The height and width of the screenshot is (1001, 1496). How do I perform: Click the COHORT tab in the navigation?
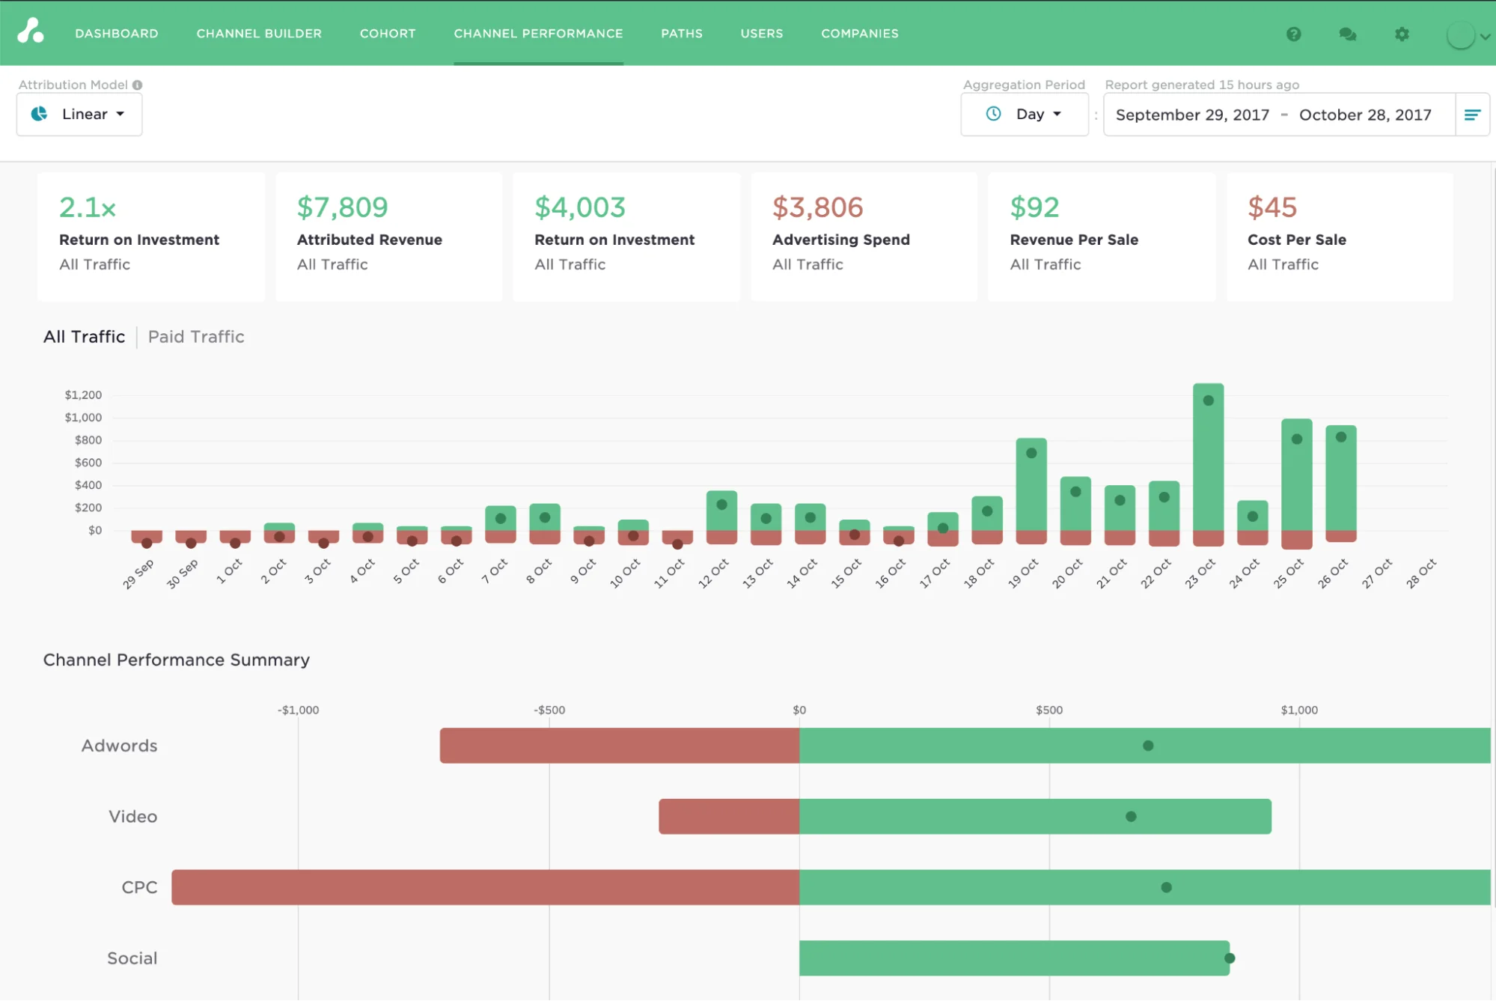coord(387,34)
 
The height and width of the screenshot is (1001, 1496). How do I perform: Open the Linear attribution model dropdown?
coord(79,115)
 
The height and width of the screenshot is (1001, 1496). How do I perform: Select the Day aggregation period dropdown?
coord(1024,115)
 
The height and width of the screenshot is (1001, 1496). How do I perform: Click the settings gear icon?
coord(1402,34)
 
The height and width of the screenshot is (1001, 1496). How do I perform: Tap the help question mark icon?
coord(1293,34)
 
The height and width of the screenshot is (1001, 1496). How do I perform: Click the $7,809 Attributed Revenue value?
coord(342,207)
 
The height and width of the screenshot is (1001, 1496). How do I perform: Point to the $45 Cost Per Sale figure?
coord(1271,207)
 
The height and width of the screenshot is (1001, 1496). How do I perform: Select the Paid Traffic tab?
coord(196,337)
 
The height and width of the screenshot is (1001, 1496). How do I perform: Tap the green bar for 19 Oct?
coord(1031,487)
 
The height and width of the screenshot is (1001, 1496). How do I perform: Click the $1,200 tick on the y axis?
coord(83,395)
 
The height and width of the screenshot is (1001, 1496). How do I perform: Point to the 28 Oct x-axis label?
coord(1420,573)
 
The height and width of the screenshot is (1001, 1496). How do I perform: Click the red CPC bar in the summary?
coord(485,887)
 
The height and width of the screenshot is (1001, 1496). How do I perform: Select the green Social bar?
coord(1013,958)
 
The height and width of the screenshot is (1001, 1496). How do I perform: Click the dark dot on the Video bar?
coord(1131,816)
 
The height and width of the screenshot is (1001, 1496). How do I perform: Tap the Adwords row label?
coord(119,746)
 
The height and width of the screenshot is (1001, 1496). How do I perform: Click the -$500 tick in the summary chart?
coord(549,710)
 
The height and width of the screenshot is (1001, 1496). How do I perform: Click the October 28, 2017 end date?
coord(1364,115)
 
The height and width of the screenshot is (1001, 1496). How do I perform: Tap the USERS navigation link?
coord(761,34)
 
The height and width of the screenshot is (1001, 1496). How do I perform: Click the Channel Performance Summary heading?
coord(176,660)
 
